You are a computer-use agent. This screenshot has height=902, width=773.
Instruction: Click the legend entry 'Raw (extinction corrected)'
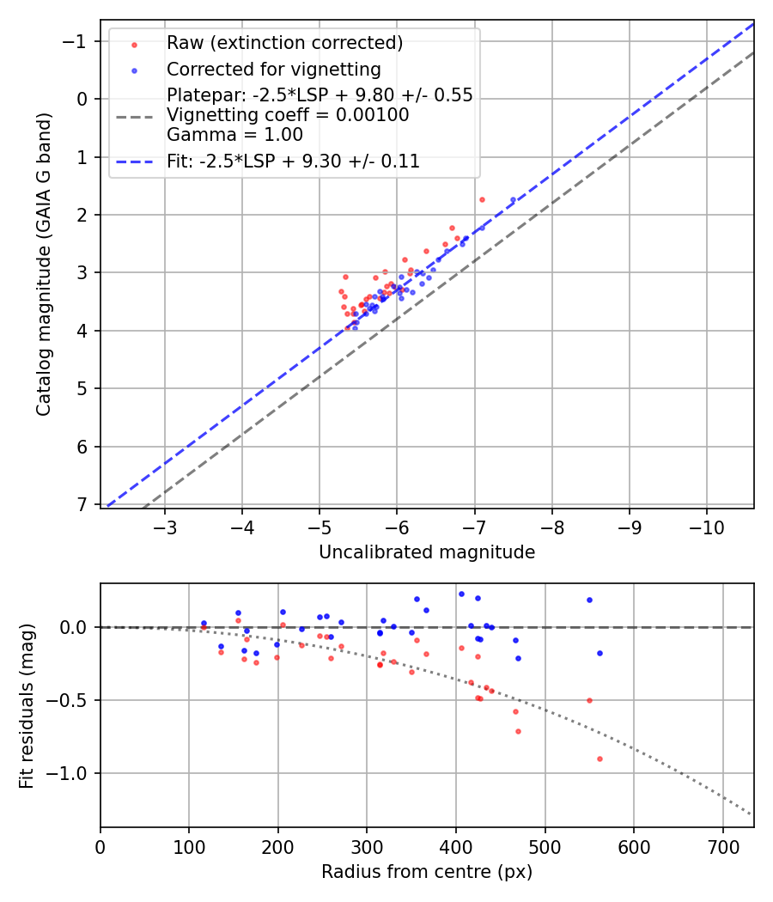pyautogui.click(x=284, y=43)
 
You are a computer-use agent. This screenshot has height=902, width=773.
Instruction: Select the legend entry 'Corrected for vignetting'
pyautogui.click(x=273, y=69)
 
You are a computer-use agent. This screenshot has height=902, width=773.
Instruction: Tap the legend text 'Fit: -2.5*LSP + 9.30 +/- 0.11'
pyautogui.click(x=293, y=161)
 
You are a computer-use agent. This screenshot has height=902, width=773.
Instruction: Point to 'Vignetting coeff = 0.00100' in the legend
pyautogui.click(x=288, y=115)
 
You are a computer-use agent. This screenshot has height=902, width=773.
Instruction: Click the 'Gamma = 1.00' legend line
pyautogui.click(x=234, y=134)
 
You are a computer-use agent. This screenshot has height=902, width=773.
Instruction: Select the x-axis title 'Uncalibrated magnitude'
pyautogui.click(x=427, y=552)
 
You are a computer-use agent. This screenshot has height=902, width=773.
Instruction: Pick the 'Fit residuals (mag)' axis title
pyautogui.click(x=26, y=705)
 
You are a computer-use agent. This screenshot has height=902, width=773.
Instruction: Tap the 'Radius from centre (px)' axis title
pyautogui.click(x=427, y=872)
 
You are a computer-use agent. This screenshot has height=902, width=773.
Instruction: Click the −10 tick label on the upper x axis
pyautogui.click(x=707, y=525)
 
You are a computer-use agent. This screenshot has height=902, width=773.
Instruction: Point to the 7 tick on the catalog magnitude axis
pyautogui.click(x=83, y=504)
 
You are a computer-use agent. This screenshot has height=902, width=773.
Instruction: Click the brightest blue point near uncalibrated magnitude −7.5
pyautogui.click(x=513, y=199)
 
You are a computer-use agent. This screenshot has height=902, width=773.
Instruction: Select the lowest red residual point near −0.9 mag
pyautogui.click(x=600, y=759)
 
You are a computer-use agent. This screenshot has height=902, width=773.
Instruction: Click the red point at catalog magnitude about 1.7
pyautogui.click(x=482, y=199)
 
